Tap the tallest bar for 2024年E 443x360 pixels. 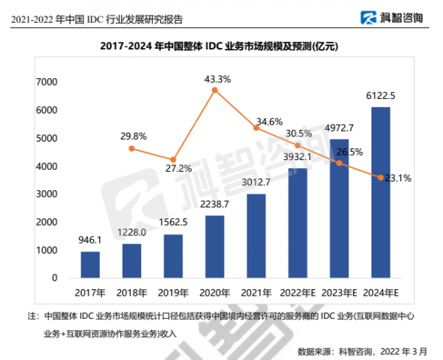pyautogui.click(x=380, y=193)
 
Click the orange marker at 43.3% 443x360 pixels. pyautogui.click(x=214, y=90)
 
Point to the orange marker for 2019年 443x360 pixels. pyautogui.click(x=173, y=159)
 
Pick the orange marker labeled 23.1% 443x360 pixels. pyautogui.click(x=380, y=178)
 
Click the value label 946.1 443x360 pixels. pyautogui.click(x=90, y=240)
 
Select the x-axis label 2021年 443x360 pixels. pyautogui.click(x=256, y=292)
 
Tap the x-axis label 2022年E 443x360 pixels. pyautogui.click(x=298, y=292)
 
